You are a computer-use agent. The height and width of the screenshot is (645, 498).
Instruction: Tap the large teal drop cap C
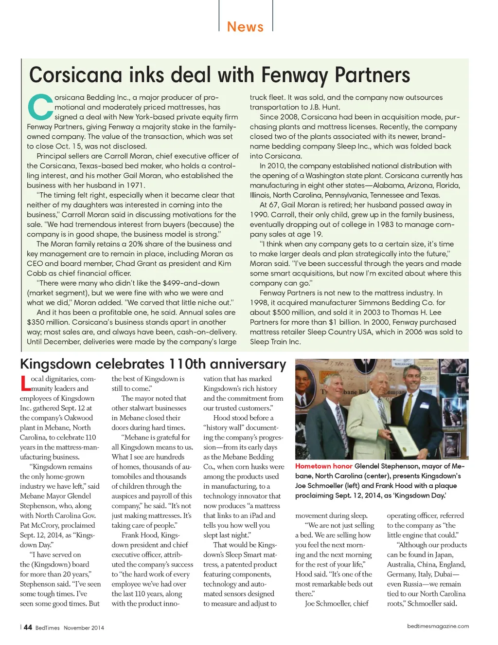click(40, 107)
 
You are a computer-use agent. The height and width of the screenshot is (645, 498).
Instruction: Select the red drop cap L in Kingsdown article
click(25, 384)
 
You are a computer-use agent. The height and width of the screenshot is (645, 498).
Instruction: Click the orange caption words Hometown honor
click(323, 466)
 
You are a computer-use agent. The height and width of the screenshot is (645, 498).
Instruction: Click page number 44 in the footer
click(28, 627)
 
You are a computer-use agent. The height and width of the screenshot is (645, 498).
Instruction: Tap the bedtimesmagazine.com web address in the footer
click(438, 626)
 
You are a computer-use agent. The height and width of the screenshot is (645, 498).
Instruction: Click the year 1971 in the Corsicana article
click(135, 185)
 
